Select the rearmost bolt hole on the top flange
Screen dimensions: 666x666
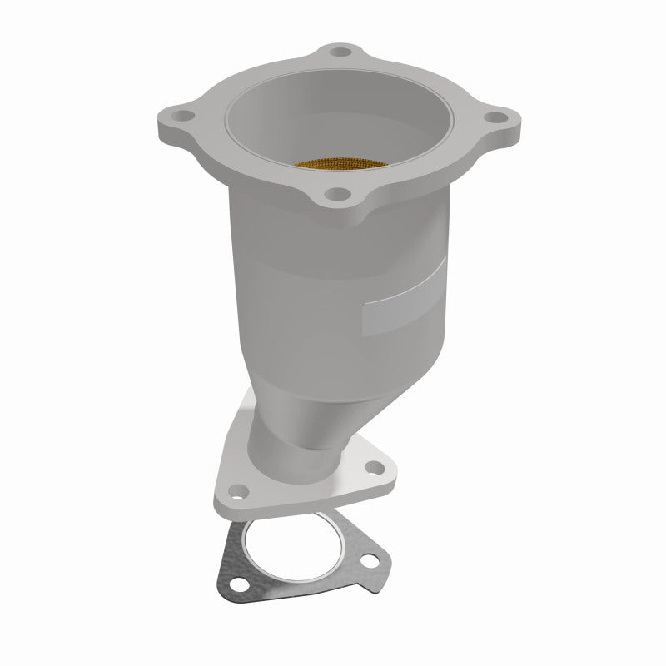coord(337,52)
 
